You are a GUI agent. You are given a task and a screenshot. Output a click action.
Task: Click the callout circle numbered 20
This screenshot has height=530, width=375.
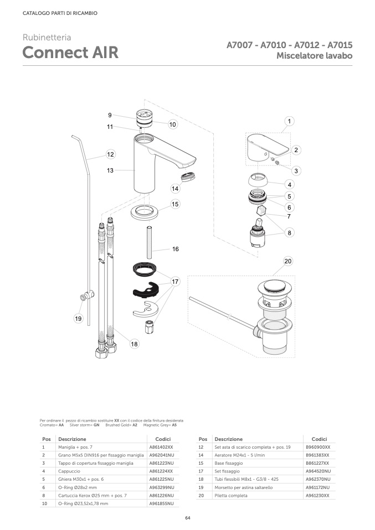tap(287, 261)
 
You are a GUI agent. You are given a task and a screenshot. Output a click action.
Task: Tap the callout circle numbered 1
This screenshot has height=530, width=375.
tap(289, 121)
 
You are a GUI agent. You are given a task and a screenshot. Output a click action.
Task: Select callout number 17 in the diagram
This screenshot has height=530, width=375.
tap(176, 281)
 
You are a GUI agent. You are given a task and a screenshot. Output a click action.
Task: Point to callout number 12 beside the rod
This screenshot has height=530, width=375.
tap(110, 154)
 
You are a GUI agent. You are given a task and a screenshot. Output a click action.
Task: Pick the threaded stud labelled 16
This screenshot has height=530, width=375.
tap(148, 243)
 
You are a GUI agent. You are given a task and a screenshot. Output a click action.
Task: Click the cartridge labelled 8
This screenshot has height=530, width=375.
tap(257, 233)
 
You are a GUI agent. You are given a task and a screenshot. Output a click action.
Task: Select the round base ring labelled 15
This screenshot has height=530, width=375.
tap(145, 212)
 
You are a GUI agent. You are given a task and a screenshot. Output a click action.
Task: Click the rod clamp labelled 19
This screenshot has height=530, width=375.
tap(88, 296)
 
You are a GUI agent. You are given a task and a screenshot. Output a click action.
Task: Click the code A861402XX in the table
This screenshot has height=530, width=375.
tap(161, 447)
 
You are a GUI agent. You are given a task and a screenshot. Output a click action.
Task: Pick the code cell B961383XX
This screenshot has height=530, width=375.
tap(317, 455)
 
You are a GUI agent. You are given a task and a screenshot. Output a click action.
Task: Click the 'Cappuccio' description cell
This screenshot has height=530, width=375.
tap(69, 471)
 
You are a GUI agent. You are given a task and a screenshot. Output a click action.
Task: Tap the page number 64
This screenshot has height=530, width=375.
tap(188, 518)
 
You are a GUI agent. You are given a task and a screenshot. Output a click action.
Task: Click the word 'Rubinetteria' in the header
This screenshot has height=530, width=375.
tap(47, 37)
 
